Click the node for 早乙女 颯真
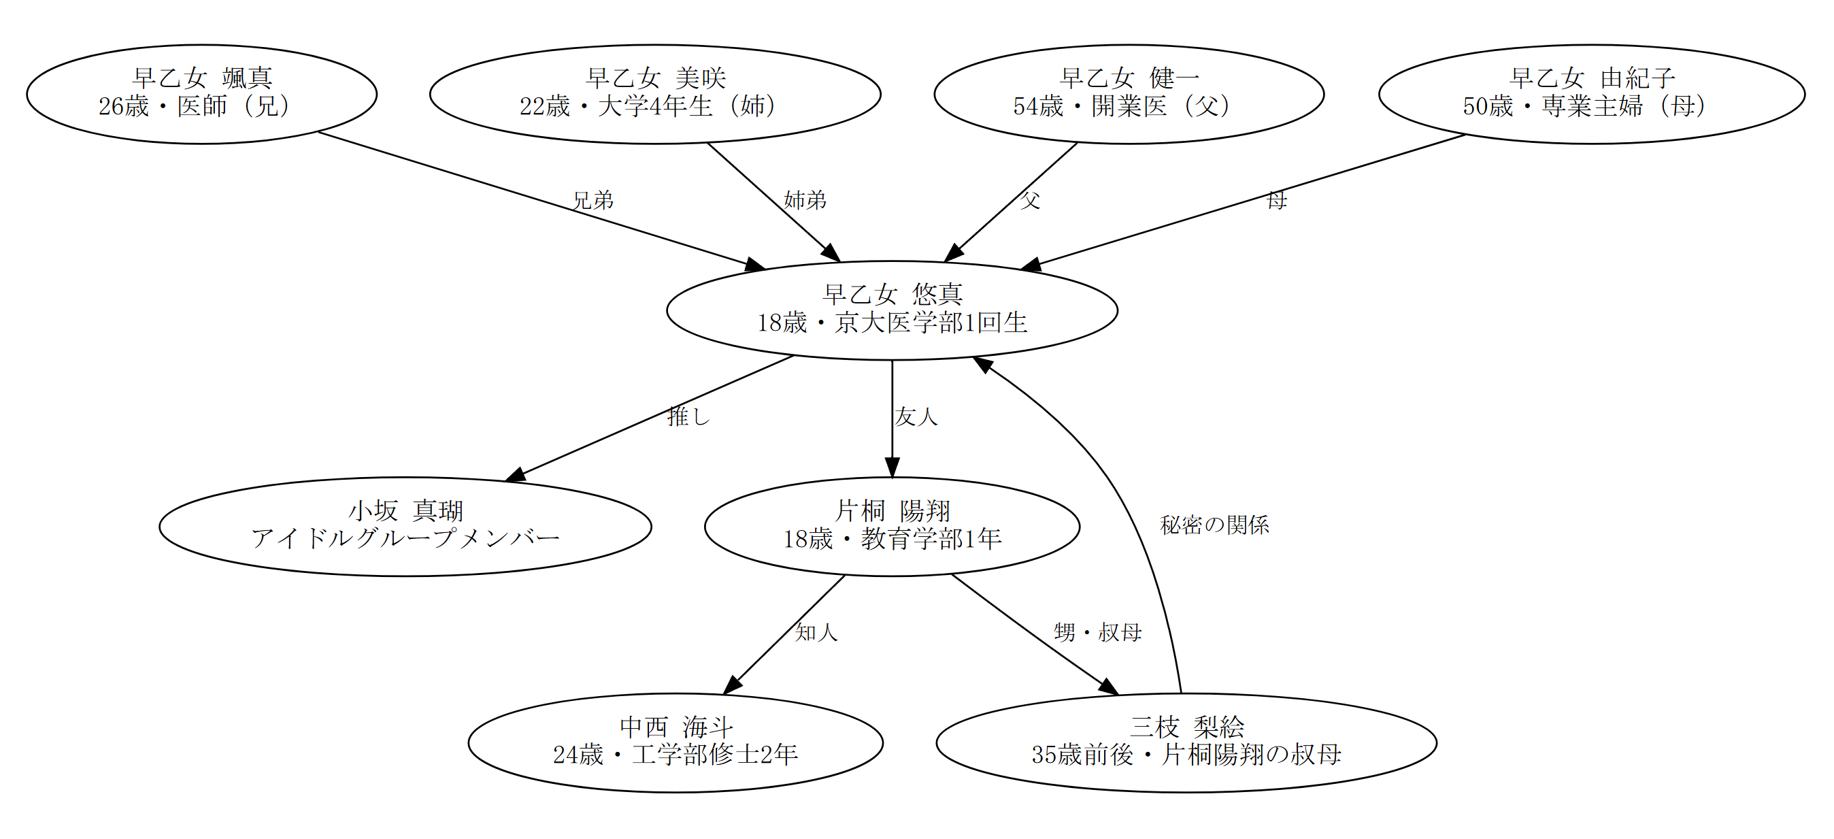tap(201, 94)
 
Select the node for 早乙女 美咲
tap(655, 94)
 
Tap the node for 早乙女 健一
tap(1129, 94)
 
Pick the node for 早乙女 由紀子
tap(1591, 94)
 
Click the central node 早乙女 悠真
tap(891, 310)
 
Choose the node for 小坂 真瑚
tap(405, 527)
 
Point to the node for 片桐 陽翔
tap(891, 527)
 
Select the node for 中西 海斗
tap(675, 742)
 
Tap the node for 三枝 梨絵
tap(1186, 742)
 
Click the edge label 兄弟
tap(593, 200)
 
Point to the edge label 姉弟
tap(805, 200)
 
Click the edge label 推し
tap(688, 416)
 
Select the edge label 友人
tap(916, 416)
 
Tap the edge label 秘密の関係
tap(1214, 525)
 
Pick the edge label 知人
tap(816, 632)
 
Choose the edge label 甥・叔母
tap(1097, 632)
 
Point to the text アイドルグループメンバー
tap(405, 538)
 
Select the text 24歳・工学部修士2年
tap(675, 755)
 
